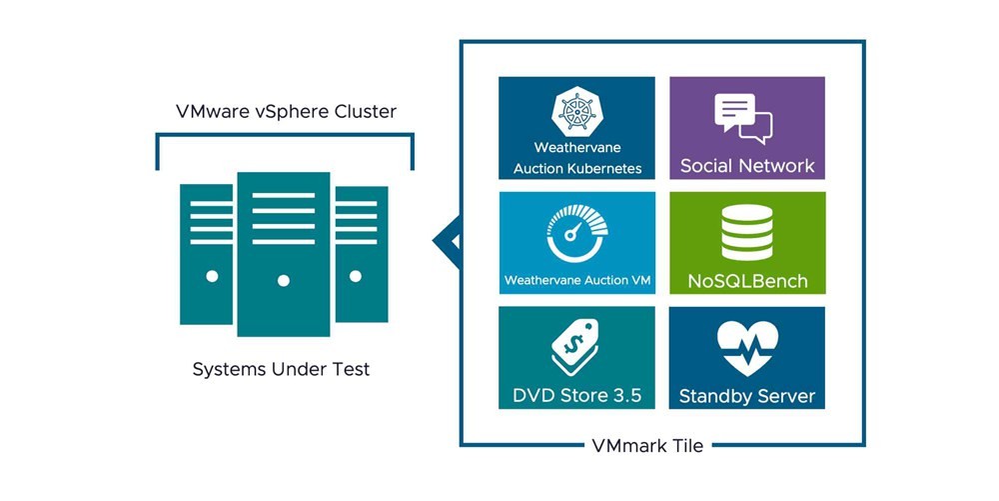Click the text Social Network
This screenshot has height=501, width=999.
[747, 166]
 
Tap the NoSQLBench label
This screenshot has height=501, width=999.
[747, 281]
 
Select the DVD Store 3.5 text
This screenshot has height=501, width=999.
[576, 395]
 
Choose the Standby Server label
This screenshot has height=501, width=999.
[747, 396]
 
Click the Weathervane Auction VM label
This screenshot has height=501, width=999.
[577, 280]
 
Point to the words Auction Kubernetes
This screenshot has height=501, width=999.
[577, 169]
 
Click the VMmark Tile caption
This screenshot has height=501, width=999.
[661, 446]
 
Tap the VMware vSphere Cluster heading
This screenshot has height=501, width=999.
[286, 112]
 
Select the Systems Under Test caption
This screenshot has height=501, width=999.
[281, 369]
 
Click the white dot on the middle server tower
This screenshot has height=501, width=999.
[284, 281]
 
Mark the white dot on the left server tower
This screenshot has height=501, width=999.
[212, 276]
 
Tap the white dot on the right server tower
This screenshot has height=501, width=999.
[355, 276]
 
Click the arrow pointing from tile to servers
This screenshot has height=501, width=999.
[446, 241]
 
